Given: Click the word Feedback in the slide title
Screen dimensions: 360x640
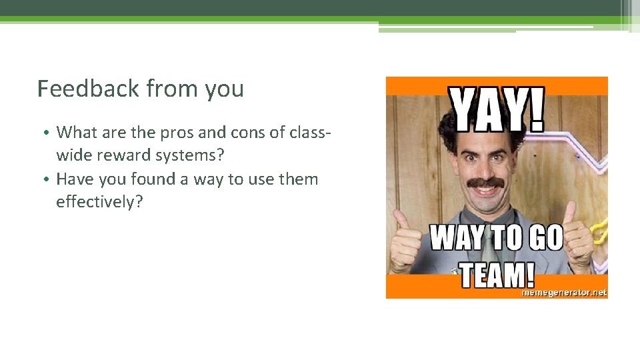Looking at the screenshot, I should pyautogui.click(x=88, y=89).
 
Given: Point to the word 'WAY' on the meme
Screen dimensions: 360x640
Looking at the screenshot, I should pyautogui.click(x=460, y=238).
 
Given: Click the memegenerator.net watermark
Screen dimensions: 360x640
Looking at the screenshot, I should pyautogui.click(x=563, y=292).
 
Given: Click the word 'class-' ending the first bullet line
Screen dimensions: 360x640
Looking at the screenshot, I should pyautogui.click(x=309, y=133).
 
